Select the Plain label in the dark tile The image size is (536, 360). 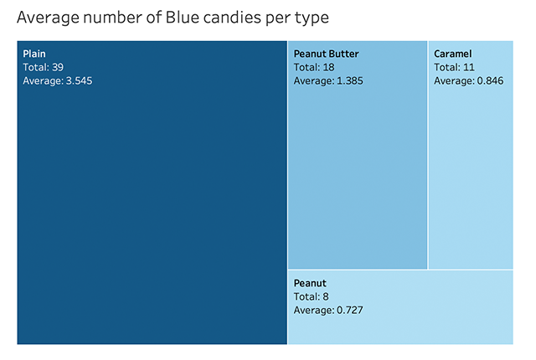click(34, 54)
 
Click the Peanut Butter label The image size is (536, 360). click(326, 54)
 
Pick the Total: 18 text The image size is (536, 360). click(315, 67)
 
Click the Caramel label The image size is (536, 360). click(452, 54)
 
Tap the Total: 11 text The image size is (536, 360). click(455, 67)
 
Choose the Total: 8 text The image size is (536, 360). click(312, 296)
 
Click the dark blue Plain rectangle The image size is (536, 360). click(152, 209)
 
